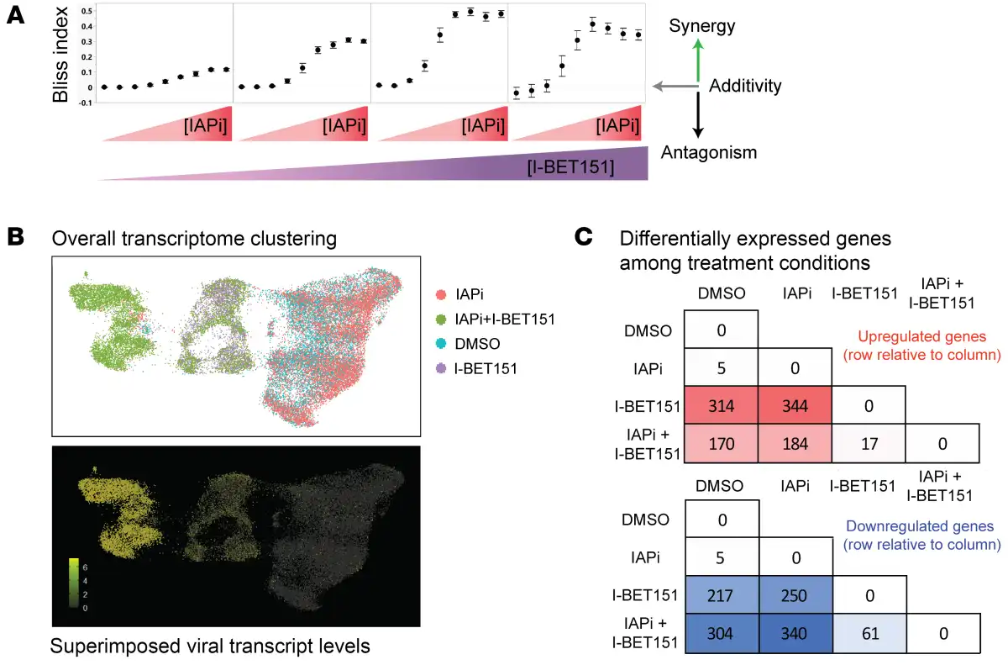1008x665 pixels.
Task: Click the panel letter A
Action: point(14,16)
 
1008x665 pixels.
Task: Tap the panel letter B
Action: point(16,239)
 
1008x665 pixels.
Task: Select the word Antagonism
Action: point(709,152)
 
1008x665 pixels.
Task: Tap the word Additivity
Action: point(746,86)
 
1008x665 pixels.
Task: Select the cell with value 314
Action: point(722,406)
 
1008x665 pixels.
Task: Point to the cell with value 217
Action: point(722,594)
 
